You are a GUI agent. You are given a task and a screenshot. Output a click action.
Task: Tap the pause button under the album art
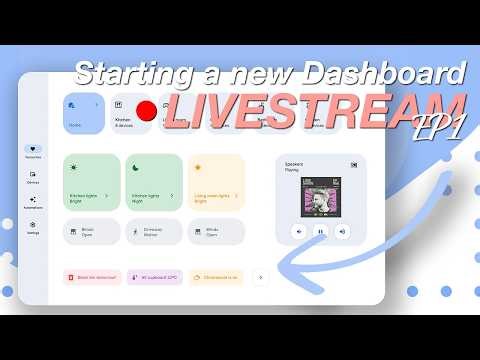320,230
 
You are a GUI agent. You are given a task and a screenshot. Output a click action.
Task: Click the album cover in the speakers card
320,194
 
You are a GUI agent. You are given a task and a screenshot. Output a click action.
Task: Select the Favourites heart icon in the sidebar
33,150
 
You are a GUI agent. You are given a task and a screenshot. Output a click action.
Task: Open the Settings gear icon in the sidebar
33,225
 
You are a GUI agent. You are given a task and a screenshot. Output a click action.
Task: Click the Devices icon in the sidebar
33,174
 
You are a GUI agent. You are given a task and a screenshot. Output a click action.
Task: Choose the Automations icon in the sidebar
33,200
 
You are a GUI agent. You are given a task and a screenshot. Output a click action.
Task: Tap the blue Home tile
83,115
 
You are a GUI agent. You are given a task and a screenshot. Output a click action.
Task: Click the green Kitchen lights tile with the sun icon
92,182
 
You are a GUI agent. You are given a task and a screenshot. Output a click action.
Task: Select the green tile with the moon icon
154,182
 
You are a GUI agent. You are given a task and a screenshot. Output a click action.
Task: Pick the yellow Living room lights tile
216,182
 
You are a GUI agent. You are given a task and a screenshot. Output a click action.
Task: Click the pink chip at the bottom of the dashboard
93,276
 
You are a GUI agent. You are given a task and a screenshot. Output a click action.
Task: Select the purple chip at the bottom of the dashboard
154,276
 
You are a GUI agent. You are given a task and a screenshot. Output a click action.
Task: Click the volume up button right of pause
343,230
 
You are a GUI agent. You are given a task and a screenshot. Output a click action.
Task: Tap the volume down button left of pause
297,230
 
